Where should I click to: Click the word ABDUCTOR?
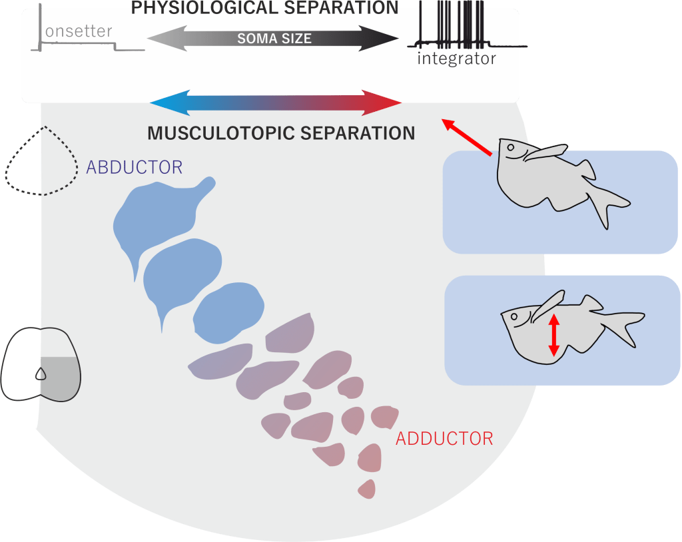(134, 167)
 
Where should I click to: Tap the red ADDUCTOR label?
(444, 439)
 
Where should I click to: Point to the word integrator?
(456, 59)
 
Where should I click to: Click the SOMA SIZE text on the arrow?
(274, 39)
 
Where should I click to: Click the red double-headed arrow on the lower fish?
(553, 334)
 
